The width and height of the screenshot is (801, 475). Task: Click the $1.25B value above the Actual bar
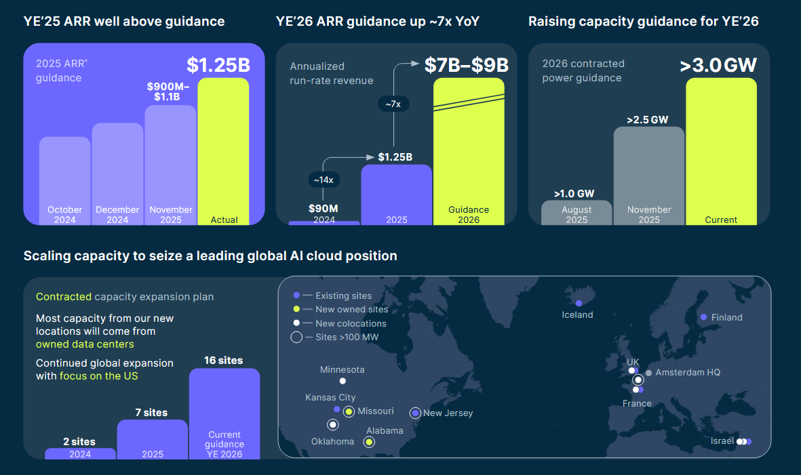coord(218,66)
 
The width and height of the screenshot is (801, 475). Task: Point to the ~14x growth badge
coord(323,180)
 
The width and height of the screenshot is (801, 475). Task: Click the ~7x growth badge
coord(393,104)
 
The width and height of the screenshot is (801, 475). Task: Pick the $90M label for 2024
coord(324,208)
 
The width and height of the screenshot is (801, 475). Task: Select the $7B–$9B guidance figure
coord(467,65)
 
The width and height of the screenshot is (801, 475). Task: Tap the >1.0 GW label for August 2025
coord(574,193)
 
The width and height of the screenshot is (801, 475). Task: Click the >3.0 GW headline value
coord(718,66)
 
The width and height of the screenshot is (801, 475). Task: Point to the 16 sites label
coord(223,360)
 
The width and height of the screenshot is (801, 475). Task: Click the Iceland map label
coord(578,314)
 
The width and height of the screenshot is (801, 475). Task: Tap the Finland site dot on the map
coord(704,317)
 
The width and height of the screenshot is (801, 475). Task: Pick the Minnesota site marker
coord(343,381)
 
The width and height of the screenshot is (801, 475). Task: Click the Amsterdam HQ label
coord(688,373)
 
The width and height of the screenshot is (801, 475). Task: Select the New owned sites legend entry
coord(351,310)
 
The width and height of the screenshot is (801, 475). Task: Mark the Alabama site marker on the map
coord(369,442)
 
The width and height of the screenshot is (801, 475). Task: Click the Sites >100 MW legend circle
coord(296,337)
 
